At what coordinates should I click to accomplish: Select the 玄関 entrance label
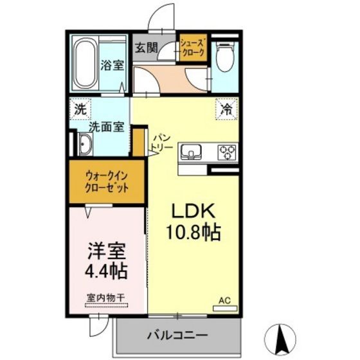click(x=146, y=47)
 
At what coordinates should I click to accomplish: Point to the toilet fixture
click(x=224, y=57)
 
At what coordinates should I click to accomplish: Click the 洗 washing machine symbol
click(x=80, y=109)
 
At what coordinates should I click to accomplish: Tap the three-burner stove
click(x=226, y=152)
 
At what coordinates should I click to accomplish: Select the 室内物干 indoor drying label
click(x=107, y=298)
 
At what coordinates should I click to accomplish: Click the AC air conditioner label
click(x=224, y=300)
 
